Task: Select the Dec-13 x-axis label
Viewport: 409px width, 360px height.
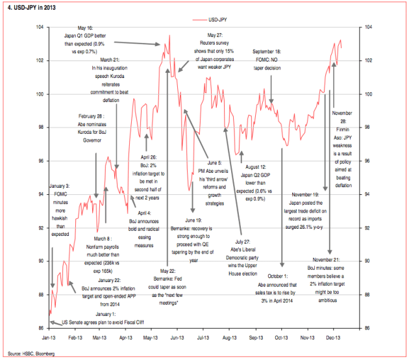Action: [334, 338]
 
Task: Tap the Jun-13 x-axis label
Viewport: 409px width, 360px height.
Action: [177, 338]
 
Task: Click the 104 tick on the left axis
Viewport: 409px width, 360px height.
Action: [40, 27]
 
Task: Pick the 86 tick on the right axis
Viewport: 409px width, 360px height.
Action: [367, 328]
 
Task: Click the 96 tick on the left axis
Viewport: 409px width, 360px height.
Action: [40, 161]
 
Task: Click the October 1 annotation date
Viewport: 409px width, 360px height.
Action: [278, 277]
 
